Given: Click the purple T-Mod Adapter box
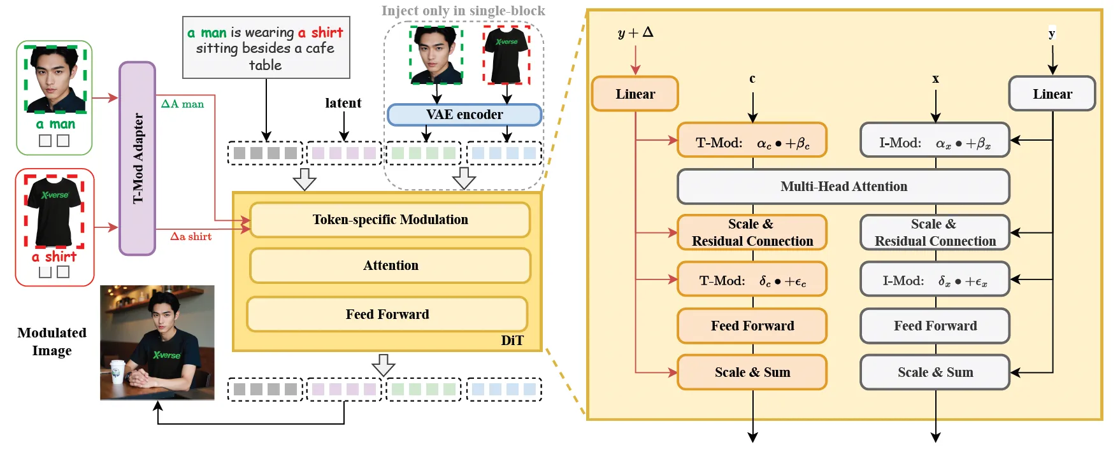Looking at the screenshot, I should (137, 159).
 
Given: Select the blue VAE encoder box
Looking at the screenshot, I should (464, 115).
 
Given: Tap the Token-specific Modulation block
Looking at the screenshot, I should (390, 220).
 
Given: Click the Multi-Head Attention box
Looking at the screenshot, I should (843, 187).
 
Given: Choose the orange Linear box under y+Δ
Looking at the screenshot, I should (635, 94).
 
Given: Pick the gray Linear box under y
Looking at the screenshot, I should (1052, 94).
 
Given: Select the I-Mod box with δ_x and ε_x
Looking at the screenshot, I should (935, 279).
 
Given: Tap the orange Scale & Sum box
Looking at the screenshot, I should (752, 372).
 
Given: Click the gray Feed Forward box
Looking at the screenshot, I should (935, 326).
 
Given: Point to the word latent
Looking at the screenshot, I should (343, 103).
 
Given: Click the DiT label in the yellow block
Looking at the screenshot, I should (512, 341).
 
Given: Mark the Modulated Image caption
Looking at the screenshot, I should (52, 342).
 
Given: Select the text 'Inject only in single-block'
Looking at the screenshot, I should (463, 11).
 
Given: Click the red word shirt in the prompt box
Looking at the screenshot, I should (327, 32).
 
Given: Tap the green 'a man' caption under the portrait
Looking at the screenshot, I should (55, 124).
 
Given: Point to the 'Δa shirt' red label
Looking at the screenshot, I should (190, 237).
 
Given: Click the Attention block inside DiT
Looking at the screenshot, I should (390, 265).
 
